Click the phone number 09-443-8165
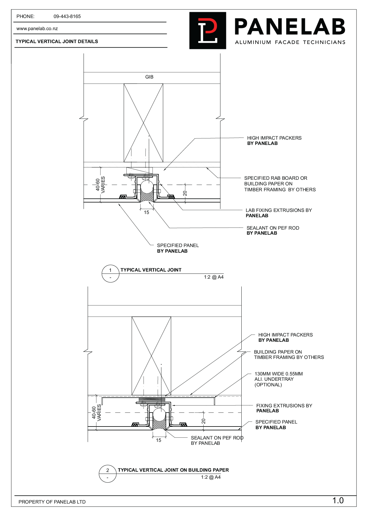point(67,17)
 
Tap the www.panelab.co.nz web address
point(37,29)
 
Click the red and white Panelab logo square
point(207,30)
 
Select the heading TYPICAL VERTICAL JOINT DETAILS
point(57,42)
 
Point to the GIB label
point(149,77)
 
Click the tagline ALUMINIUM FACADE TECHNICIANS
point(290,43)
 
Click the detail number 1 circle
point(111,273)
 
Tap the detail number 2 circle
point(108,473)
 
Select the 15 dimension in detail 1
point(146,213)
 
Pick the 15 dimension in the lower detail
point(159,440)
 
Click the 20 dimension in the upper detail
point(185,193)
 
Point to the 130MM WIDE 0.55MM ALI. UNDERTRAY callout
point(278,379)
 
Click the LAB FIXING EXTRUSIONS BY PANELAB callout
point(278,213)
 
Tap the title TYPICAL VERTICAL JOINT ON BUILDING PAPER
point(173,470)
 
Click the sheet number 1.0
point(338,501)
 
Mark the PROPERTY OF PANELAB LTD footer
point(52,502)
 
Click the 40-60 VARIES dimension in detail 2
point(96,413)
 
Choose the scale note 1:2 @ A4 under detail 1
point(214,277)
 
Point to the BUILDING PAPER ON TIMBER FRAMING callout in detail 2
point(289,354)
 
